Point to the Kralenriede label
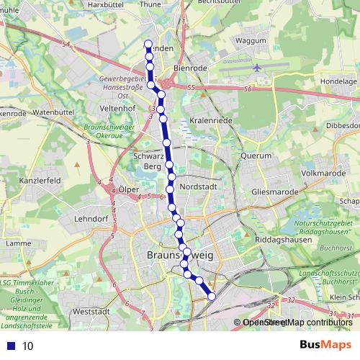(x=211, y=120)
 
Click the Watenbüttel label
(x=55, y=113)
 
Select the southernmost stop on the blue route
(x=212, y=296)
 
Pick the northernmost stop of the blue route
(x=149, y=42)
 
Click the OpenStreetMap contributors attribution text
(x=297, y=323)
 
